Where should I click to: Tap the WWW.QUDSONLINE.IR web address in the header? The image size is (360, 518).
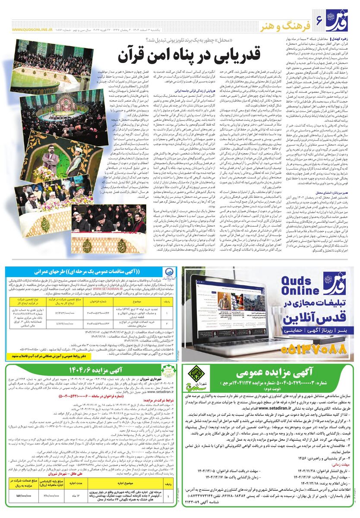(30, 30)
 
